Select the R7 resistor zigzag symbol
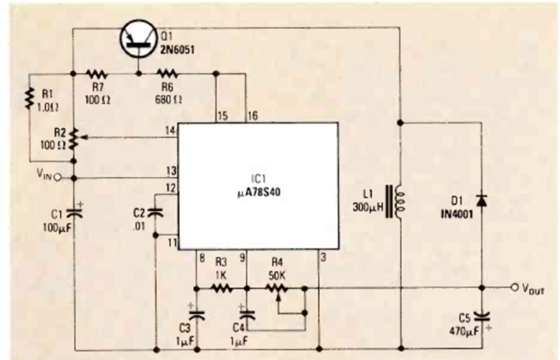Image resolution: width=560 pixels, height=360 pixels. [96, 74]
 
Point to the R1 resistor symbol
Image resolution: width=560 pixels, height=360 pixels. [30, 97]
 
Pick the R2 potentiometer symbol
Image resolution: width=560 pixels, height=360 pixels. [74, 139]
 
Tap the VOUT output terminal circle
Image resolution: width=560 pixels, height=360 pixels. [516, 288]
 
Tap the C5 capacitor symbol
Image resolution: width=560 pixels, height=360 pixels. [482, 316]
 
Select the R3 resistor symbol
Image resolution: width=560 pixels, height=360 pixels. [221, 288]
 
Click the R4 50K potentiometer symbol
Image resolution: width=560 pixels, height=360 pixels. [277, 288]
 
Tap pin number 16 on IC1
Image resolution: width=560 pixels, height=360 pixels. [253, 115]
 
